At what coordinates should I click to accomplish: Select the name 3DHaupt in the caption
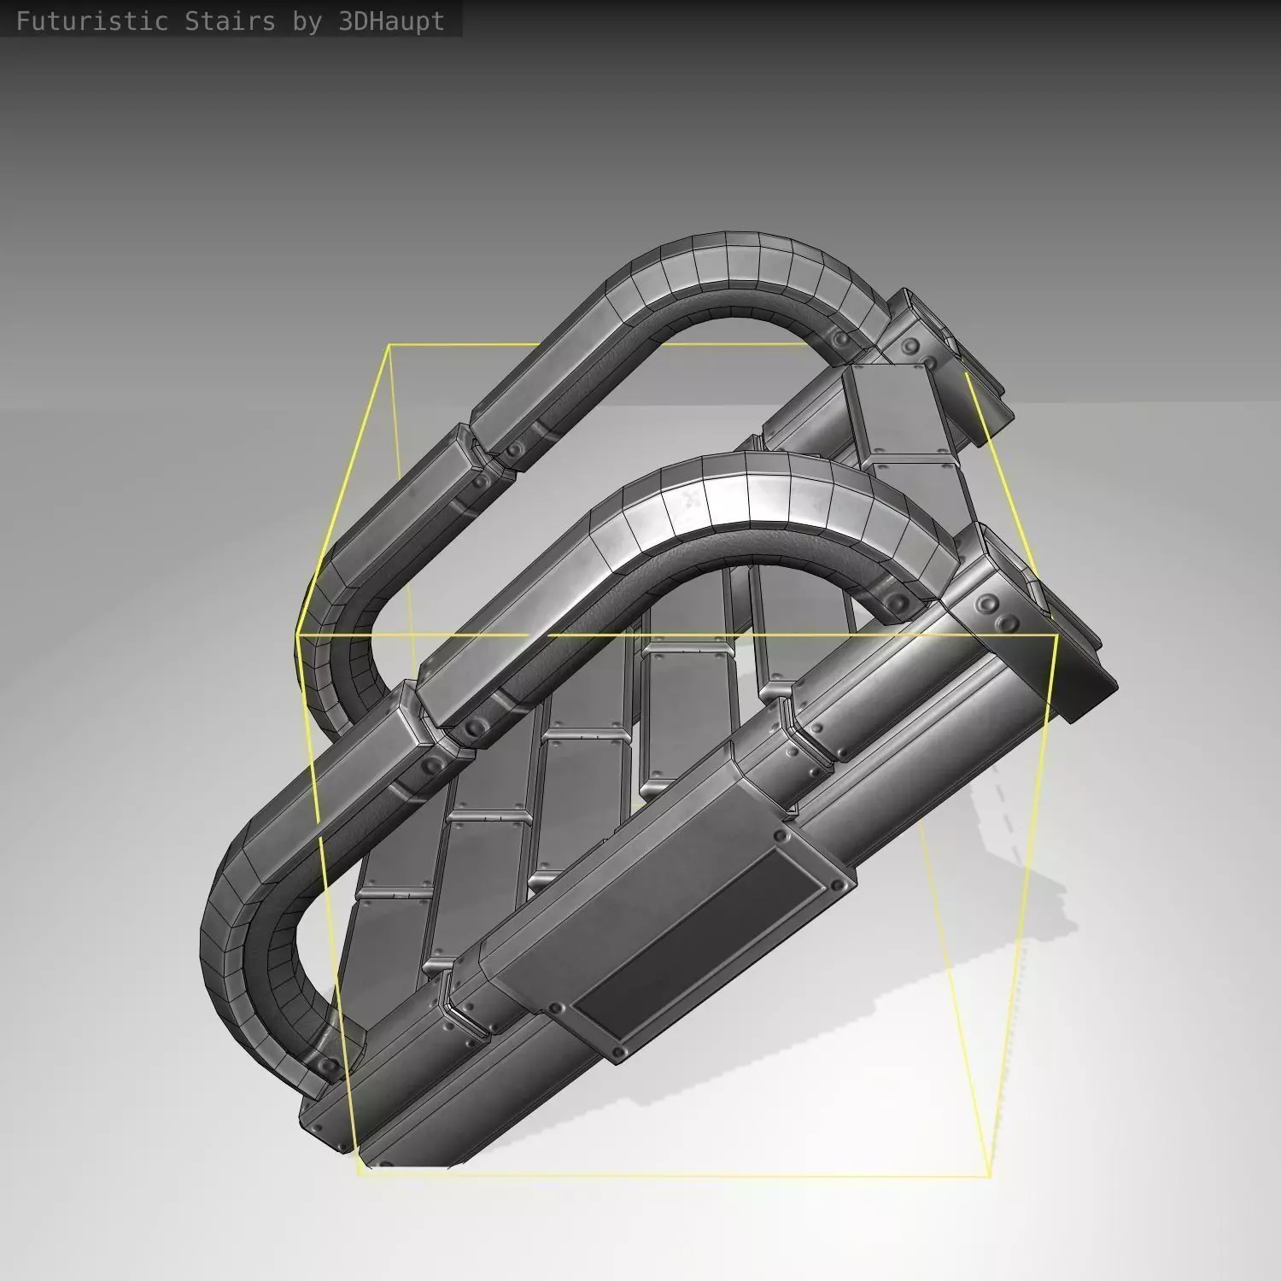tap(391, 21)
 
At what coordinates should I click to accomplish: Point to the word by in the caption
tap(307, 21)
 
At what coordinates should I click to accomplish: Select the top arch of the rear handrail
tap(726, 265)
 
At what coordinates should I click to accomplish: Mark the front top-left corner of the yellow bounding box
tap(298, 635)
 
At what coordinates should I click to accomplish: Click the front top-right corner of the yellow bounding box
tap(1058, 635)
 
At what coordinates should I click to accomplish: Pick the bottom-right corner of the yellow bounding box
tap(989, 1176)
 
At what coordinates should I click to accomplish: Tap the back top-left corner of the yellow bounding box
tap(389, 346)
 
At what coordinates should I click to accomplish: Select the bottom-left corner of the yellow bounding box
tap(360, 1173)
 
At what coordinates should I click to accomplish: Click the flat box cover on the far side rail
tap(897, 410)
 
